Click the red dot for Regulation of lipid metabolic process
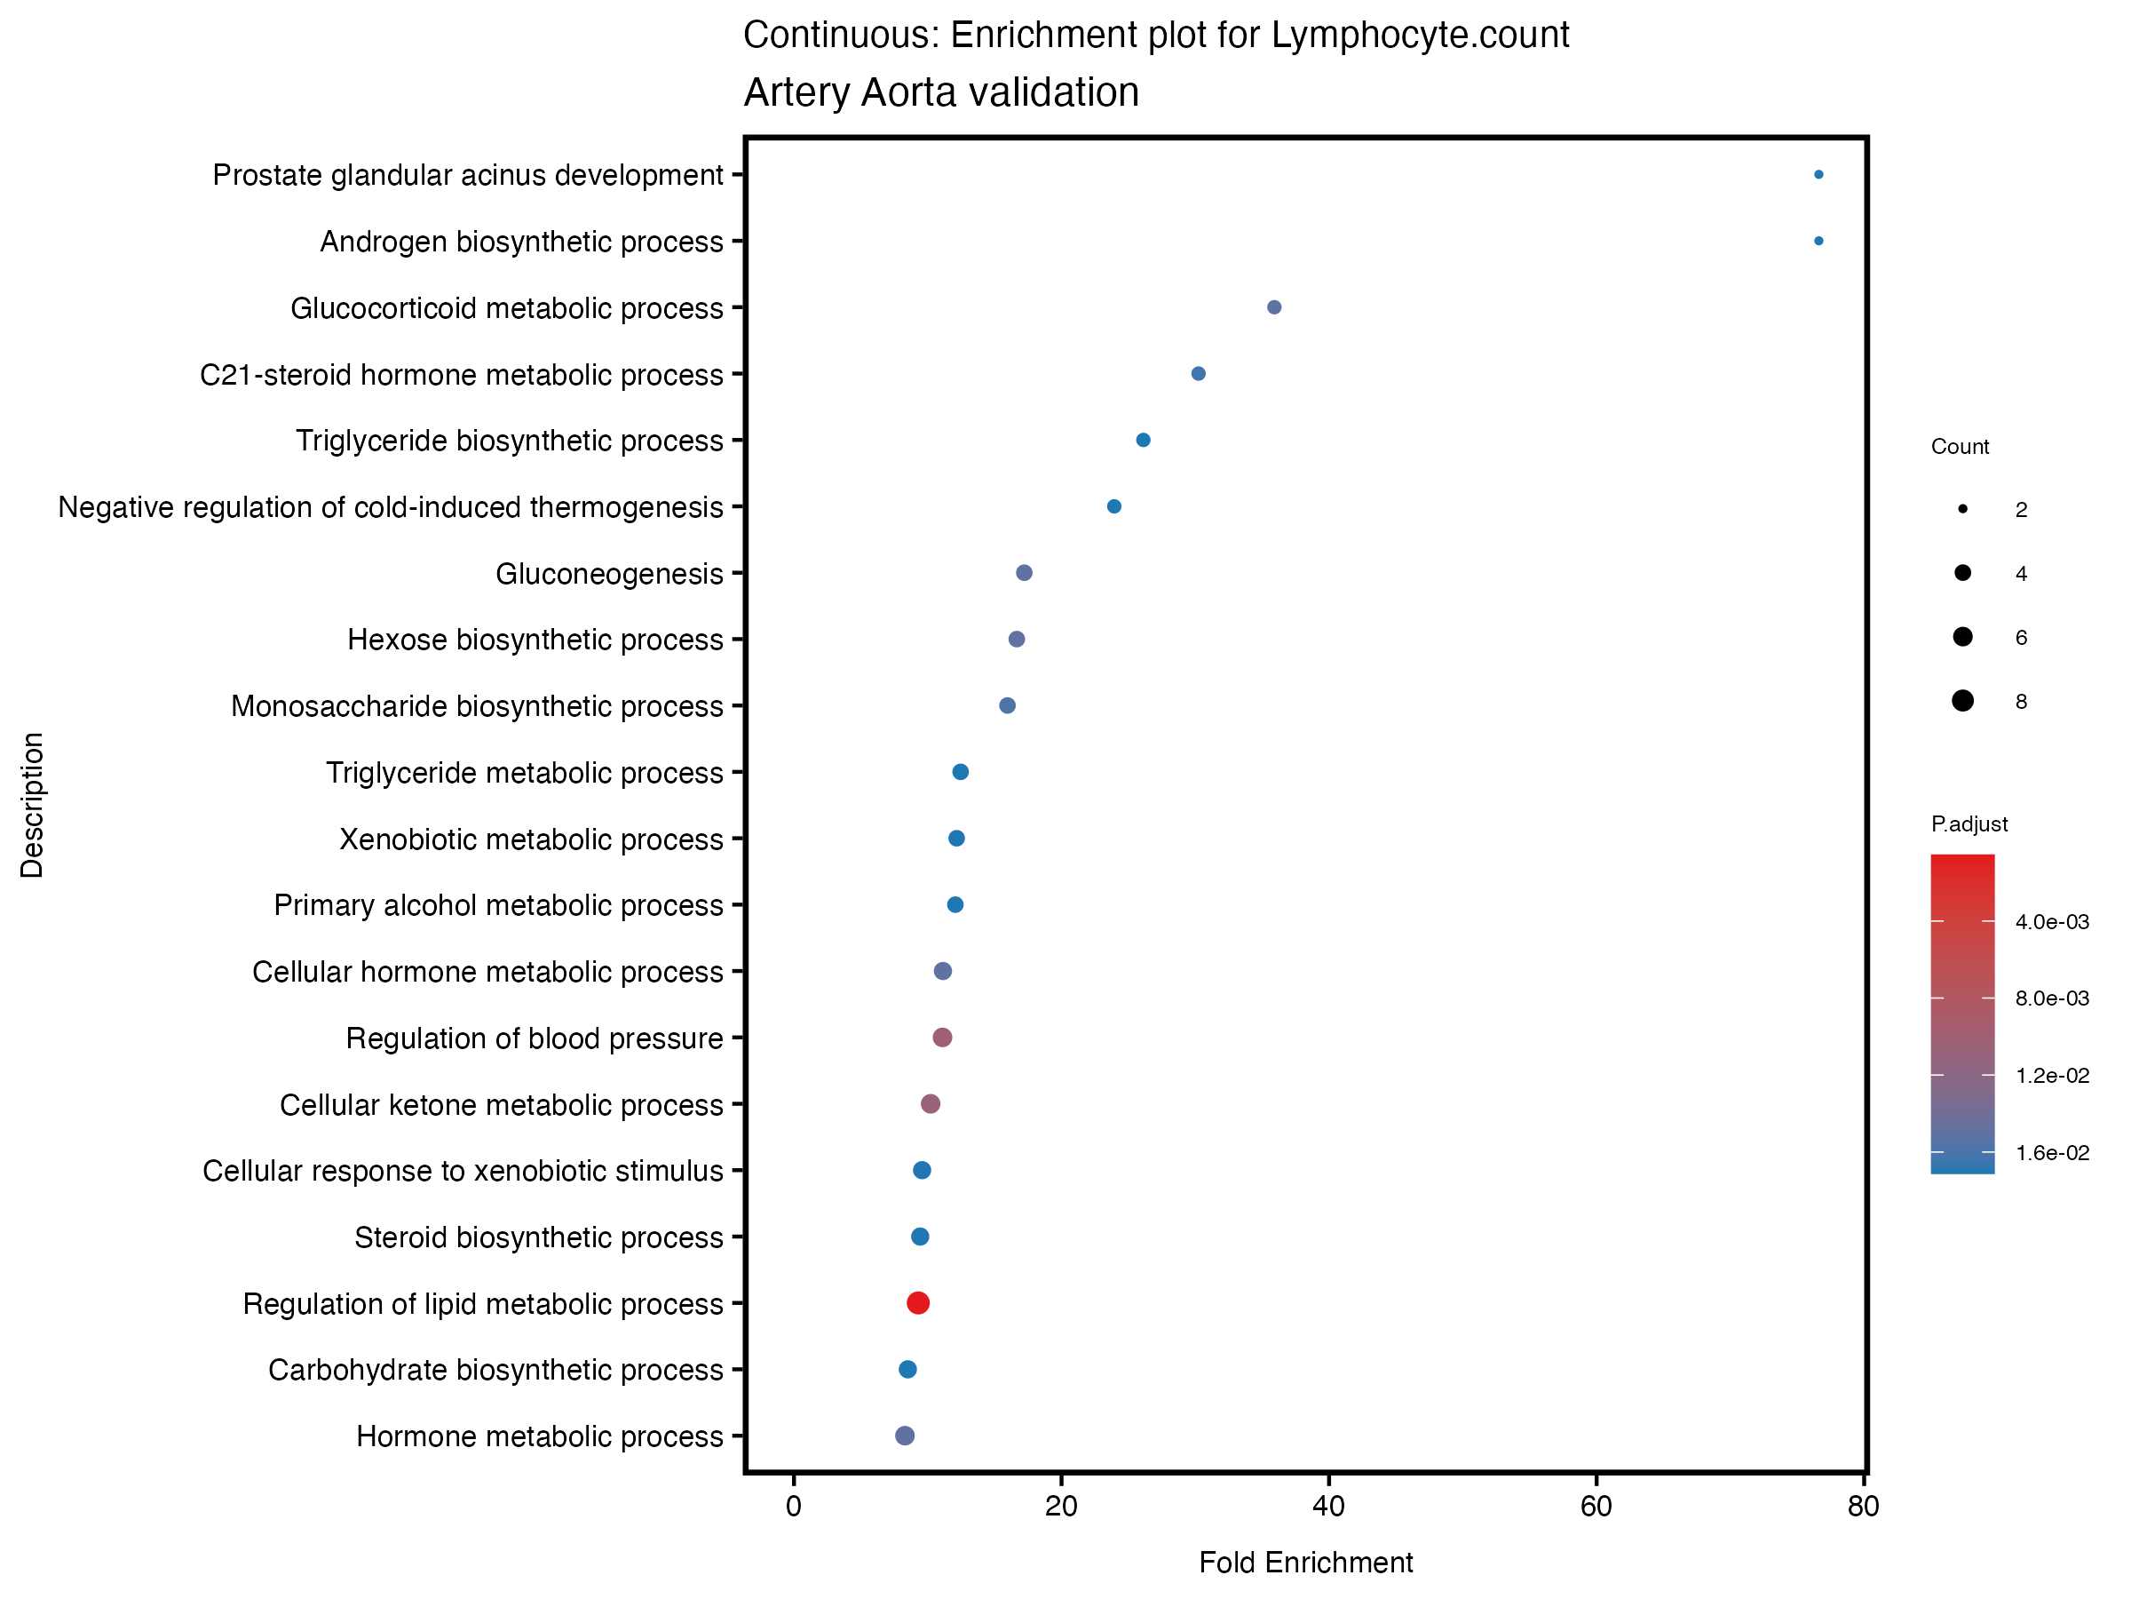(x=918, y=1303)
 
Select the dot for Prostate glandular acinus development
(x=1818, y=174)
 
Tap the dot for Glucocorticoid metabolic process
(x=1273, y=307)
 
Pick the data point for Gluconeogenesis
(x=1024, y=574)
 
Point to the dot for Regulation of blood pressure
(x=942, y=1037)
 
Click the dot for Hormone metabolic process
(x=905, y=1436)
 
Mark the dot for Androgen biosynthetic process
(x=1818, y=241)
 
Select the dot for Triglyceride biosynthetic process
(x=1143, y=441)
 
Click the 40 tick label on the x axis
(x=1328, y=1508)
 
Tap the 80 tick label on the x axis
(x=1863, y=1508)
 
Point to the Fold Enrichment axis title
(x=1305, y=1563)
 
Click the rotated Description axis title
(x=32, y=805)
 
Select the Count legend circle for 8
(x=1962, y=701)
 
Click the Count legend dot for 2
(x=1962, y=509)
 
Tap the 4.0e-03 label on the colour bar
(x=2052, y=922)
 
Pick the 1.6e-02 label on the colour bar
(x=2052, y=1153)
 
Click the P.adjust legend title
(x=1969, y=824)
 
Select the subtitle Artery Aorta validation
(x=941, y=92)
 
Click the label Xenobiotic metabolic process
(x=531, y=839)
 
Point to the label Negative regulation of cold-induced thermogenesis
(x=390, y=507)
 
